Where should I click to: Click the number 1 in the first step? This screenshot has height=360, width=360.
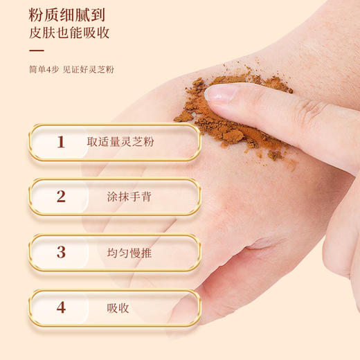point(61,142)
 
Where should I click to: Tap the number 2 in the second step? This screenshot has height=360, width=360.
point(61,197)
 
